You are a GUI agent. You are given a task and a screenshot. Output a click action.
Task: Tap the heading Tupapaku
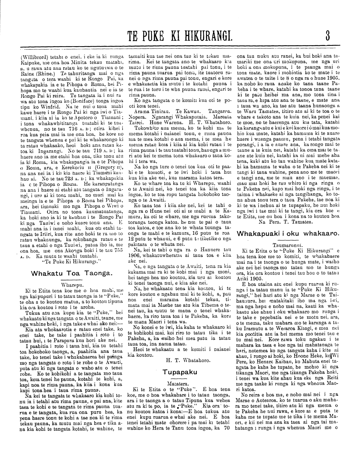pos(180,372)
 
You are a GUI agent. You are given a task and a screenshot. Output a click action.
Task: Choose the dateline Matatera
pos(180,383)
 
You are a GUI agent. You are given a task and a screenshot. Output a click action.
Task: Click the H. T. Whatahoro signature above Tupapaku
pos(180,360)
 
